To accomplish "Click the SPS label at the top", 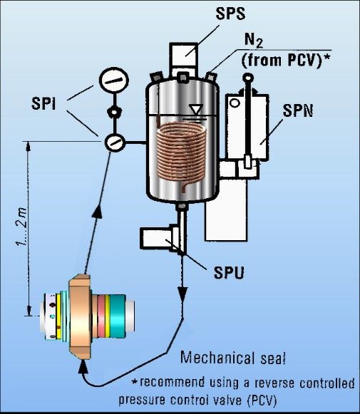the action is tap(230, 14).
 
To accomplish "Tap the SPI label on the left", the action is tap(43, 103).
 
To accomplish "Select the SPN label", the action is tap(298, 110).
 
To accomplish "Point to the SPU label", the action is tap(229, 272).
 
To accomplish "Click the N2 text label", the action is tap(254, 41).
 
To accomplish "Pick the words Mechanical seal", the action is tap(233, 358).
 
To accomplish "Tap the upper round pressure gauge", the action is tap(114, 81).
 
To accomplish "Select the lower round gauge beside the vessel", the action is tap(115, 143).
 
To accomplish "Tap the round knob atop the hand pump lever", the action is tap(248, 78).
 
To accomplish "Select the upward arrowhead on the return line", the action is tap(97, 212).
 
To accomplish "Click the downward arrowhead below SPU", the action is tap(182, 294).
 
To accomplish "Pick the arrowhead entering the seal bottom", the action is tap(83, 366).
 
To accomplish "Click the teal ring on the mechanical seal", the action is tap(118, 316).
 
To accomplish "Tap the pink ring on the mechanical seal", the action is tap(101, 317).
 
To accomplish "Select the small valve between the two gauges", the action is tap(114, 112).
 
